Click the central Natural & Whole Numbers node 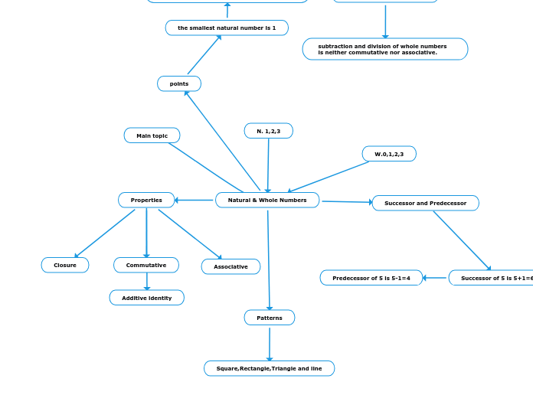tap(267, 200)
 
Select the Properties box tap(146, 200)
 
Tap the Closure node tap(65, 265)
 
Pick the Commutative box tap(146, 265)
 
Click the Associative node tap(231, 266)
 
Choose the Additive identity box tap(147, 298)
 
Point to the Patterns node tap(270, 317)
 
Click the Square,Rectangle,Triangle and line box tap(269, 368)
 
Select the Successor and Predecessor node tap(425, 203)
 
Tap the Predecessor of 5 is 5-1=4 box tap(371, 278)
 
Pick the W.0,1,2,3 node tap(389, 154)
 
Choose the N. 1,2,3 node tap(269, 131)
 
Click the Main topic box tap(152, 135)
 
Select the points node tap(179, 83)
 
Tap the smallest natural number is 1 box tap(227, 28)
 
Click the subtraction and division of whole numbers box tap(385, 49)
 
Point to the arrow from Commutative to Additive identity tap(147, 282)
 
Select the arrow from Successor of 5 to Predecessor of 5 tap(436, 278)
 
